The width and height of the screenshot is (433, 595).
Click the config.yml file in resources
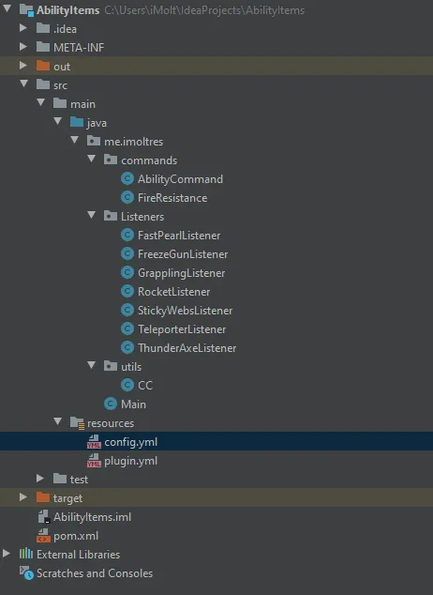click(130, 442)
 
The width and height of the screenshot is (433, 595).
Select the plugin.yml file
click(130, 461)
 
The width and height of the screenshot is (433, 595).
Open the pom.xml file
click(76, 536)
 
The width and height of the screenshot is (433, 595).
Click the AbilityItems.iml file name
click(92, 517)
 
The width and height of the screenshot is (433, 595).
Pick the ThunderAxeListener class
click(187, 348)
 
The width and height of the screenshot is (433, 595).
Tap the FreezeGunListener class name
click(183, 254)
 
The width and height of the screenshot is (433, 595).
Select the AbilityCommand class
click(180, 179)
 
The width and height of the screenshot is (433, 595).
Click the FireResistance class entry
click(172, 198)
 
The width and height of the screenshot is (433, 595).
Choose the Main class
click(133, 404)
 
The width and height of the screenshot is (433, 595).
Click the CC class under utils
click(145, 386)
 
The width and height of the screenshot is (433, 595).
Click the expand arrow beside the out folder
click(23, 66)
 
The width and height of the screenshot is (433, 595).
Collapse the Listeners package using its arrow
click(91, 216)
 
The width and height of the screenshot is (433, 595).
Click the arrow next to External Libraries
click(6, 554)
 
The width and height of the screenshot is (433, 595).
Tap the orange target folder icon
click(43, 497)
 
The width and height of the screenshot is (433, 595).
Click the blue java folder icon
click(77, 122)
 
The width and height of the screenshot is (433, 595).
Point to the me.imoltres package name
click(133, 142)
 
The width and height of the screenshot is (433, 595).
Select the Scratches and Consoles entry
click(95, 573)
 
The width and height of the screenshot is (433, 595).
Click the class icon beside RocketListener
click(127, 291)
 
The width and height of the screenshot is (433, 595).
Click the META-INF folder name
click(79, 48)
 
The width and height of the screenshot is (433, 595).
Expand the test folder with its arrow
click(40, 479)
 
